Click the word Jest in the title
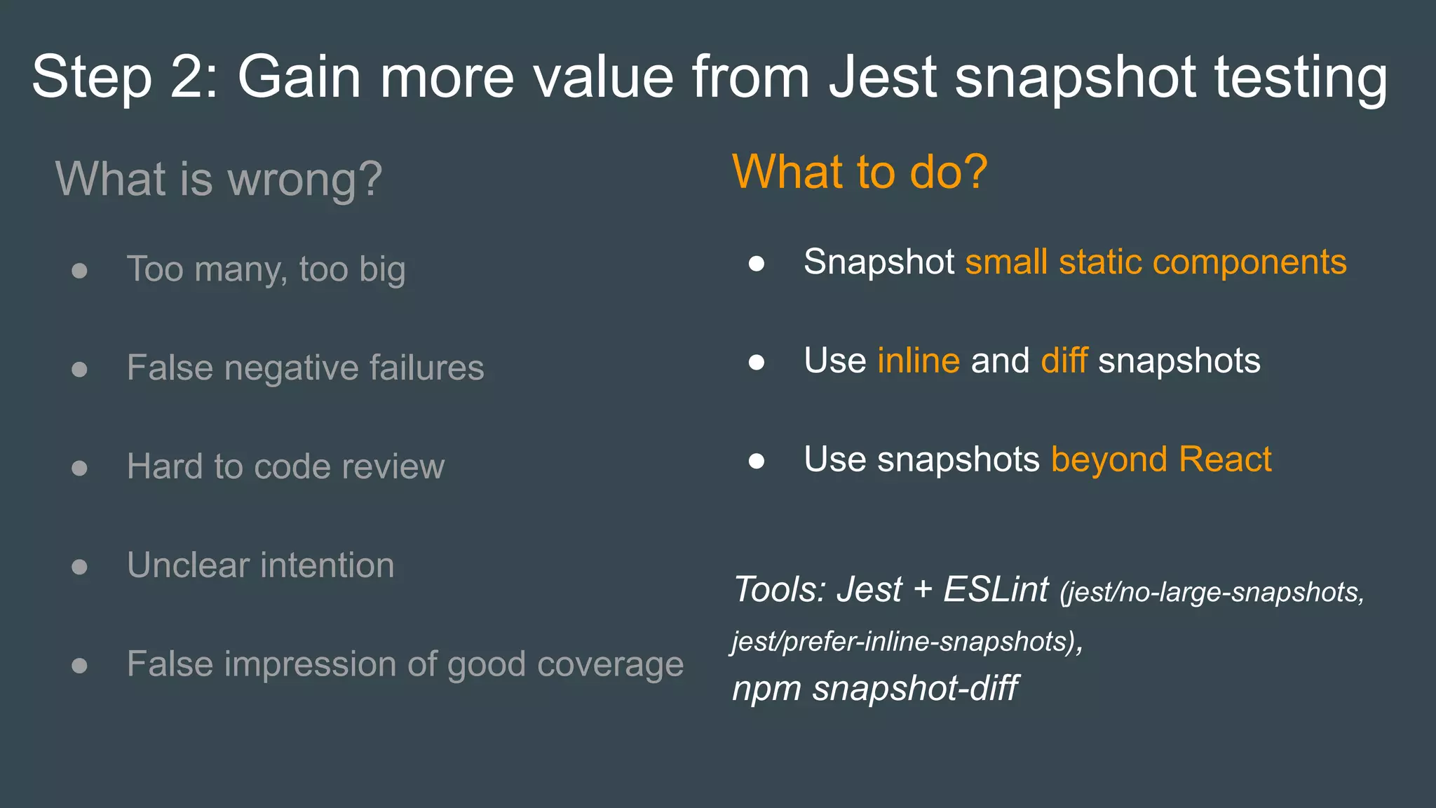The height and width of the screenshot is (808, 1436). pos(882,76)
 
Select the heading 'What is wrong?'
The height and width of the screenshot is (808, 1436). pos(219,179)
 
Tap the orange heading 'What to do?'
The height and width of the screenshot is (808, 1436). pos(860,172)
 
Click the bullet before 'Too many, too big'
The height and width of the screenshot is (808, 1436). pos(79,271)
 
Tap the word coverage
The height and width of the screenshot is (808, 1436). pos(609,664)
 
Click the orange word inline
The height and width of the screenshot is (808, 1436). pos(918,361)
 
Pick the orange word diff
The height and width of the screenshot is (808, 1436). pos(1064,361)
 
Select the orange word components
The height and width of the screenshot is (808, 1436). pos(1249,262)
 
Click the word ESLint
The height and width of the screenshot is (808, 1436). pos(996,589)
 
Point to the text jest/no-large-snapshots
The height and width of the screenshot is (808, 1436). pos(1212,593)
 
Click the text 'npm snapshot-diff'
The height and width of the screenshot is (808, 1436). pos(874,688)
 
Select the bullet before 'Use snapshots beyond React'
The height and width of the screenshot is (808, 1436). pos(756,462)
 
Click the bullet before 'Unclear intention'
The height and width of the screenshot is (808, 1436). pos(79,567)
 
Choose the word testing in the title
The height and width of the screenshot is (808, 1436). pos(1301,76)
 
